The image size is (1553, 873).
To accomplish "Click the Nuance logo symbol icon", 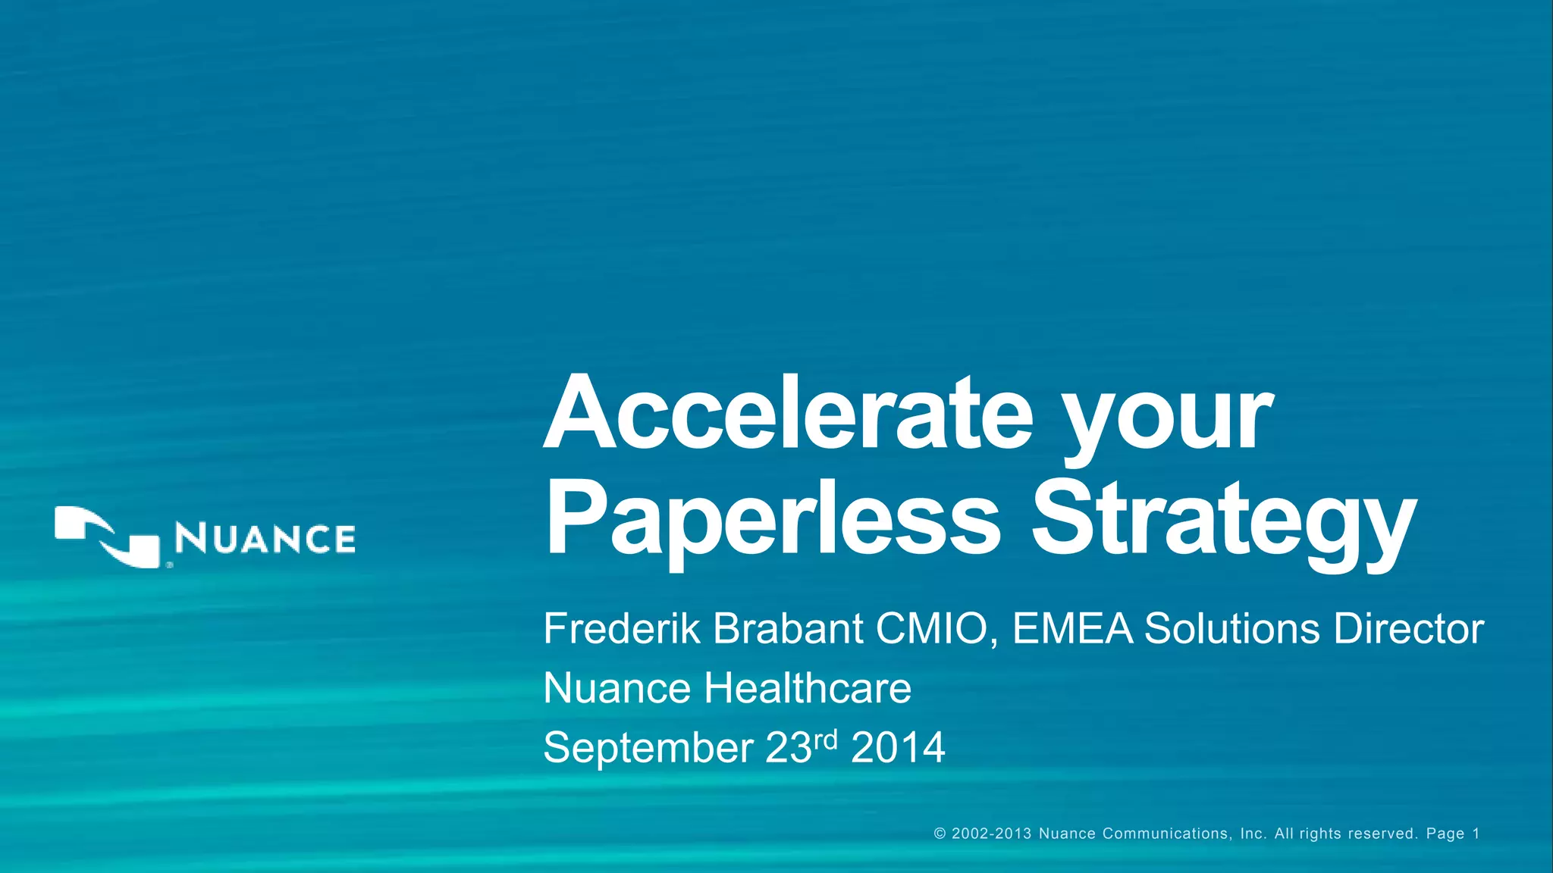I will coord(108,537).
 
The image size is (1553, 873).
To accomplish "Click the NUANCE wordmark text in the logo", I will coord(265,539).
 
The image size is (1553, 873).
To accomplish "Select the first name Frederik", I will coord(620,628).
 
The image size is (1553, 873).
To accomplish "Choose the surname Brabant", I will coord(788,628).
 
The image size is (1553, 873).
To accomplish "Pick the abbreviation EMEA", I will coord(1072,628).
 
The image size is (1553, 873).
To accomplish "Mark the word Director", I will coord(1408,628).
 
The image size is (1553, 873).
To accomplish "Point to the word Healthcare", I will coord(807,688).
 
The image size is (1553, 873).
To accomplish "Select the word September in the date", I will coord(648,749).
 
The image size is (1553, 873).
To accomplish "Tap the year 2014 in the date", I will coord(898,748).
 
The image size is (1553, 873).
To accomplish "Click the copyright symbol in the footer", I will coord(940,834).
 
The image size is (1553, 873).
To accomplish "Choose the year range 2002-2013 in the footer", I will coord(991,834).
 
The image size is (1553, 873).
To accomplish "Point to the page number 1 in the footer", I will coord(1476,834).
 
